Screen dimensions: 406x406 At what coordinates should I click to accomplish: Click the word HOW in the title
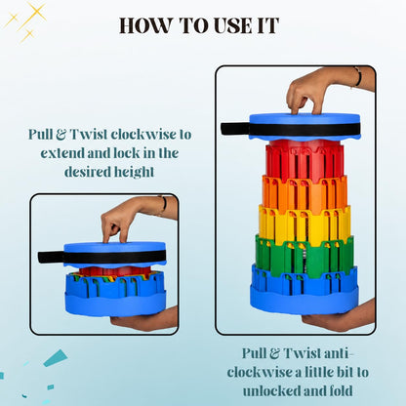pos(146,25)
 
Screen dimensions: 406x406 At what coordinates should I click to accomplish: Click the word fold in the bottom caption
pos(341,390)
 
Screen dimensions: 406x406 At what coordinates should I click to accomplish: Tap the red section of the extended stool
pos(304,159)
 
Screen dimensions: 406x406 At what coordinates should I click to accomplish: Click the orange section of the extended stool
pos(304,192)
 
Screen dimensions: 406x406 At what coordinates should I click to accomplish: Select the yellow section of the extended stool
pos(304,223)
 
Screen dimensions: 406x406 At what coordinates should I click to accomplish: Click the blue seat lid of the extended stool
pos(304,127)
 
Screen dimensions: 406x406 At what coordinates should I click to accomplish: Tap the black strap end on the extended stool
pos(235,129)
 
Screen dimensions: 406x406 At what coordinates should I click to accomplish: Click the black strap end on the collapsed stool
pos(51,257)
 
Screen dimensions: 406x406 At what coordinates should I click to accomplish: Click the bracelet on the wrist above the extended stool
pos(358,77)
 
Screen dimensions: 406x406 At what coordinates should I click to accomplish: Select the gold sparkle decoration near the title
pos(26,21)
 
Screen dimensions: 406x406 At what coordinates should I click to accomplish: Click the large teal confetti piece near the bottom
pos(56,358)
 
